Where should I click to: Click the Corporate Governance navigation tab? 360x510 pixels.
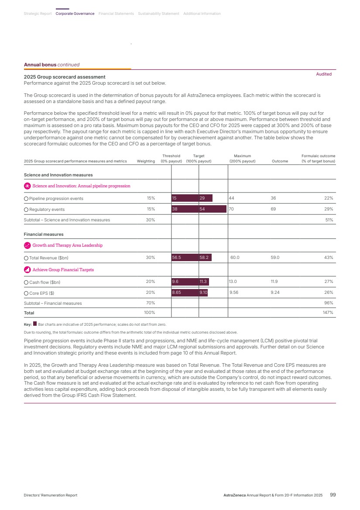(75, 14)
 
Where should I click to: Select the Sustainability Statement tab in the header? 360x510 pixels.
(158, 14)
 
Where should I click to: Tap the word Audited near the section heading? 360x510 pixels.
(324, 74)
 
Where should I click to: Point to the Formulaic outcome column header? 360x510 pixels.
(318, 159)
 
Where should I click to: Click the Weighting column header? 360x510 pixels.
(146, 161)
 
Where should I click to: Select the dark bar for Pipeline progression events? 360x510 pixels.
(192, 198)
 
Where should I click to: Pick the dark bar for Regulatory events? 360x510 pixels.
(199, 209)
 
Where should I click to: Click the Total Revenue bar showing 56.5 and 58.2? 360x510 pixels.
(192, 258)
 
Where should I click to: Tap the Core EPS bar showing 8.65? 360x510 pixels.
(189, 292)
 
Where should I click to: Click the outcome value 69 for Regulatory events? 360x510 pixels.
(273, 209)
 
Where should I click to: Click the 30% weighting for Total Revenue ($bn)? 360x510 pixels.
(150, 258)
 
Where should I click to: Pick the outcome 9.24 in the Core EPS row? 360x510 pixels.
(275, 292)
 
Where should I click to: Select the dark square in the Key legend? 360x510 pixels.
(35, 324)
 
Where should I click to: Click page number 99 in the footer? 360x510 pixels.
(333, 495)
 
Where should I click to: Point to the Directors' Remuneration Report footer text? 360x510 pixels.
(50, 496)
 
